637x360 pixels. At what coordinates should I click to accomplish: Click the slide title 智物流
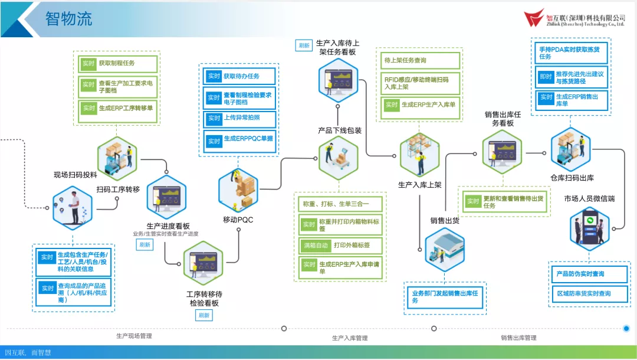tap(69, 18)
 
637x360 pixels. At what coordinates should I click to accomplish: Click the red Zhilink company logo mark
tap(535, 18)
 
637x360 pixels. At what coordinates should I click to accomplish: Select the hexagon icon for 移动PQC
tap(238, 188)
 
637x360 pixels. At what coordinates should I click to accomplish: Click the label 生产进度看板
tap(168, 225)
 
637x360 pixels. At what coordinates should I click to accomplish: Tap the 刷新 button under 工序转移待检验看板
tap(203, 315)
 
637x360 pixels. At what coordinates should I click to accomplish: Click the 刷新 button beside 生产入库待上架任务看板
tap(304, 45)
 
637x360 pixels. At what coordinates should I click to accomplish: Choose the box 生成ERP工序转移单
tap(118, 109)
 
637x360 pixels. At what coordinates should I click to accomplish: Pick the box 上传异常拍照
tap(241, 119)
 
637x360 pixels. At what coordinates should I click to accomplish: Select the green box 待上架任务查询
tap(420, 60)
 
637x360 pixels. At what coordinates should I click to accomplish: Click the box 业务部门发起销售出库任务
tap(445, 297)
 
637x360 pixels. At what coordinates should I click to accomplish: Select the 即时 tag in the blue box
tap(546, 77)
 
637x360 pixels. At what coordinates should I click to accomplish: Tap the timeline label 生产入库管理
tap(350, 338)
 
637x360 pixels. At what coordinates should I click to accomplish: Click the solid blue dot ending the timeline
tap(626, 328)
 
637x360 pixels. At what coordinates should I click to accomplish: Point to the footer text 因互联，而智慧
tap(28, 353)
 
